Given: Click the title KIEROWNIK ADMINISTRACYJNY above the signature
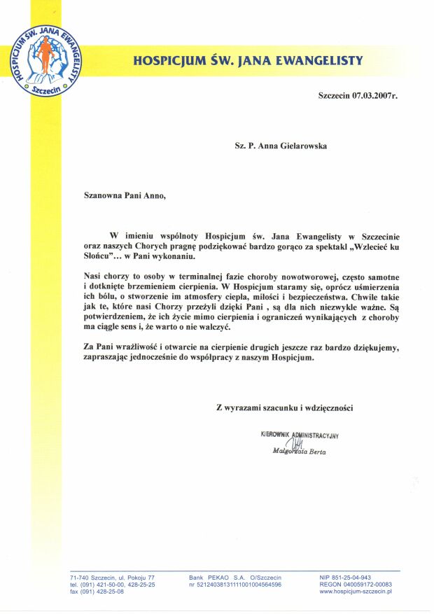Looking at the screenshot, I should (x=300, y=435).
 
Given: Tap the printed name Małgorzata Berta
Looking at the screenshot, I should (x=300, y=452).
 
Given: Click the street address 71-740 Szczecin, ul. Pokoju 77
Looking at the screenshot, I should (x=113, y=577).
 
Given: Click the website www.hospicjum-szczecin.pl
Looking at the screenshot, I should (x=356, y=592).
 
